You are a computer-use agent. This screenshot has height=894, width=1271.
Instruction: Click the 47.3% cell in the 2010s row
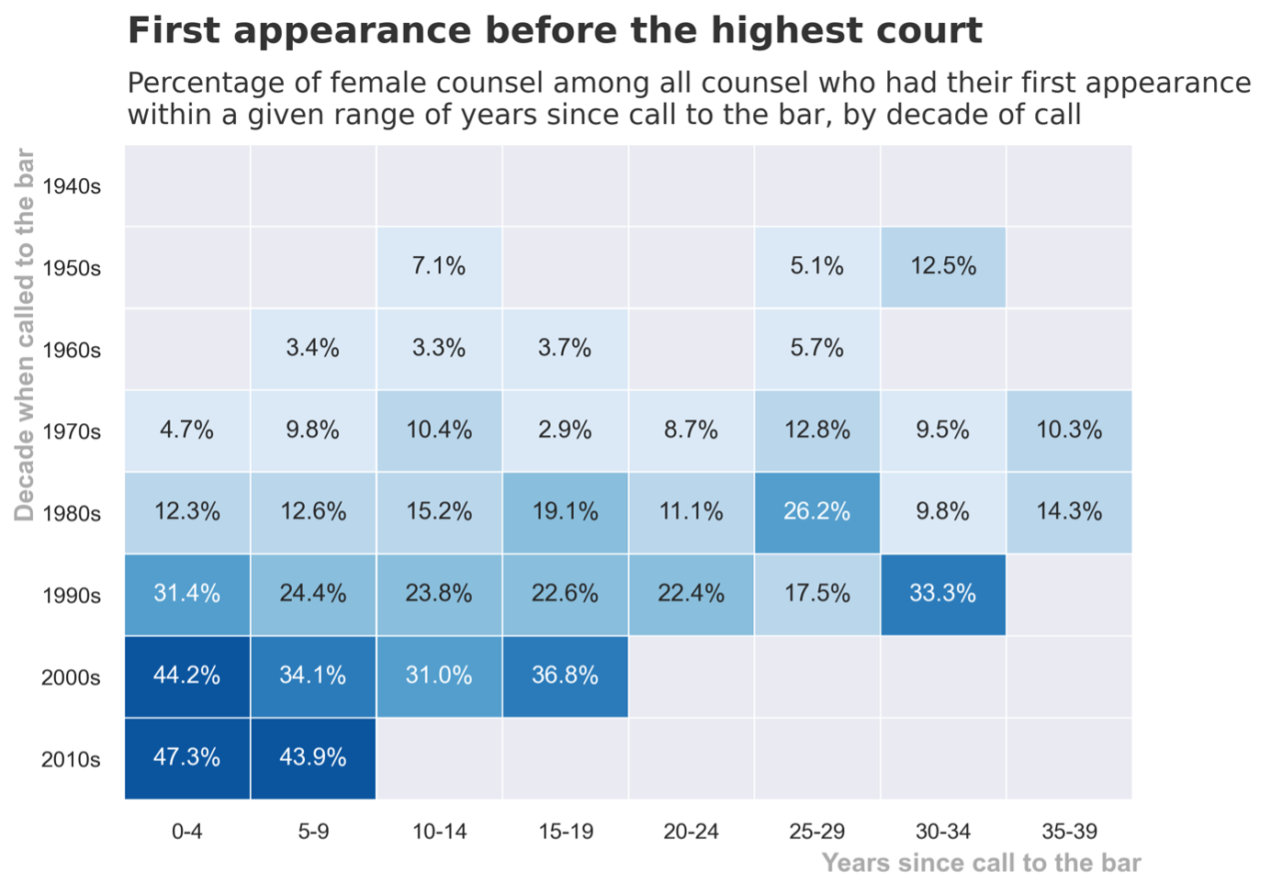coord(187,758)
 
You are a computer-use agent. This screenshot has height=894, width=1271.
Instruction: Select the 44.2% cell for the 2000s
coord(187,676)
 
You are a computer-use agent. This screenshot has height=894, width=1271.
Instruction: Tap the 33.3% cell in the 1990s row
coord(943,594)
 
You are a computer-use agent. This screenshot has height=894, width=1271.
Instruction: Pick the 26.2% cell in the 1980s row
coord(817,512)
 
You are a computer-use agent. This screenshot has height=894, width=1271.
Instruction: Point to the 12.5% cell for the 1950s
coord(943,267)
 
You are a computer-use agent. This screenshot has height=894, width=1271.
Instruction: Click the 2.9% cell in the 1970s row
coord(565,430)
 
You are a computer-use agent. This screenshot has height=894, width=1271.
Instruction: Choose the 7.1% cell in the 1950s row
coord(439,267)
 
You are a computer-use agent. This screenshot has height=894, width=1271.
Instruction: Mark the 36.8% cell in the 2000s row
coord(565,676)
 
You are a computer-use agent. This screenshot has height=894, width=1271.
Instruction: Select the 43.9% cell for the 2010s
coord(313,758)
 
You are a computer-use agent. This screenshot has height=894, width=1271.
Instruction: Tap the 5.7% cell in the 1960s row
coord(817,349)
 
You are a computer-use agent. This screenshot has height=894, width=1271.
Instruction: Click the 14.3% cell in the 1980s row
coord(1069,512)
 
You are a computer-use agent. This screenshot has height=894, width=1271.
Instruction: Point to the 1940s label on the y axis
coord(72,187)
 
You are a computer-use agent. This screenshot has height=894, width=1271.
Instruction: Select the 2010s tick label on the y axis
coord(72,760)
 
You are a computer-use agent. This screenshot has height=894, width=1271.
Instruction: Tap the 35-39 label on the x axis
coord(1069,832)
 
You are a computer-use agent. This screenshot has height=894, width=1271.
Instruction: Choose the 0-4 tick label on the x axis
coord(187,832)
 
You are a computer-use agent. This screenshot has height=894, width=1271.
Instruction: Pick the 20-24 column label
coord(692,832)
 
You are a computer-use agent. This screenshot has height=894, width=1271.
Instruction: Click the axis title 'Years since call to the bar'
coord(981,864)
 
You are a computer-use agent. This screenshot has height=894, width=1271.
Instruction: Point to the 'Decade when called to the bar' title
coord(25,335)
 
